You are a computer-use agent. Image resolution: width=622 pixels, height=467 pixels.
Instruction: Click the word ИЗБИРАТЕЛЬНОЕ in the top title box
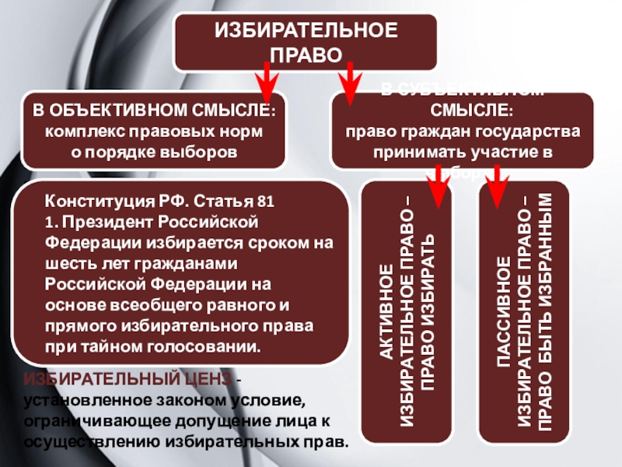click(x=305, y=33)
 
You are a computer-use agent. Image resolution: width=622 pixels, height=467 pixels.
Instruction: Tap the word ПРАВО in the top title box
click(x=305, y=54)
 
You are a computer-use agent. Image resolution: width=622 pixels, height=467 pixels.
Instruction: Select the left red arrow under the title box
click(x=264, y=79)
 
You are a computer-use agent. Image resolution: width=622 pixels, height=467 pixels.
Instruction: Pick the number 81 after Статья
click(x=266, y=201)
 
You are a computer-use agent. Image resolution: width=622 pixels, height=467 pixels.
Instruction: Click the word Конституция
click(x=93, y=201)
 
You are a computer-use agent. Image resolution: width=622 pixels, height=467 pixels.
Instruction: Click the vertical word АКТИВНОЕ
click(x=386, y=311)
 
